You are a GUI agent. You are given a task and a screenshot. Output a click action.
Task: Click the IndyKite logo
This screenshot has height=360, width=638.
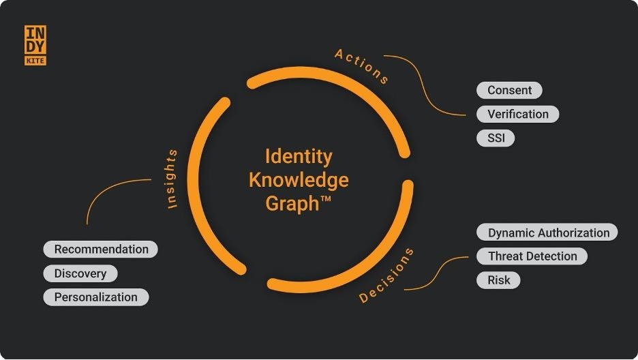pos(35,46)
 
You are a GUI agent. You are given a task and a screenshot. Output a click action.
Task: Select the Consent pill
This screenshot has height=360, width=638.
pos(509,90)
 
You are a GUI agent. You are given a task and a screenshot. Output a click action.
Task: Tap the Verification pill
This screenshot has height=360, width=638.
pos(517,114)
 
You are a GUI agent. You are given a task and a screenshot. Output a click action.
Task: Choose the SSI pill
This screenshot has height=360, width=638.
pos(496,138)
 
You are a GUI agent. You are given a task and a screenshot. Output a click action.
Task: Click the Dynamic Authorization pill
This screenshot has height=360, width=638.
pos(547,232)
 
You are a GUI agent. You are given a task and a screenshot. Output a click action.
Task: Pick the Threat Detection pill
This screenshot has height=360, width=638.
pos(532,256)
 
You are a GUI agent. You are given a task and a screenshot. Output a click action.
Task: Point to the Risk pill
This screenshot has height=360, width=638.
pos(498,280)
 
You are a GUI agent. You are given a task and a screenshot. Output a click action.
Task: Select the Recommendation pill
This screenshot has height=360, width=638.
pos(101,250)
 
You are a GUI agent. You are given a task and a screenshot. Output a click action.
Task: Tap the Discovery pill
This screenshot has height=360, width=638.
pos(80,273)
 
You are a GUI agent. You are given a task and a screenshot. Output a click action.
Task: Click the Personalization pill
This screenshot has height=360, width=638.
pos(95,297)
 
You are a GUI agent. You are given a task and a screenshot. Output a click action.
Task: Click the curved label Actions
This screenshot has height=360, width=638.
pos(362,66)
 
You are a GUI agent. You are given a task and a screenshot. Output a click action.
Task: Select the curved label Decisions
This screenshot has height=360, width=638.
pos(386,275)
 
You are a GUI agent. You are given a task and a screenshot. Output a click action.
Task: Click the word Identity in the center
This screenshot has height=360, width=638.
pos(299,156)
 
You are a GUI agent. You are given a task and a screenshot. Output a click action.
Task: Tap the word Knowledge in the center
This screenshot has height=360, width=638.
pos(299,180)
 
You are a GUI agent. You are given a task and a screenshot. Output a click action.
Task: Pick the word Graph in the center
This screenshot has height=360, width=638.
pos(291,203)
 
